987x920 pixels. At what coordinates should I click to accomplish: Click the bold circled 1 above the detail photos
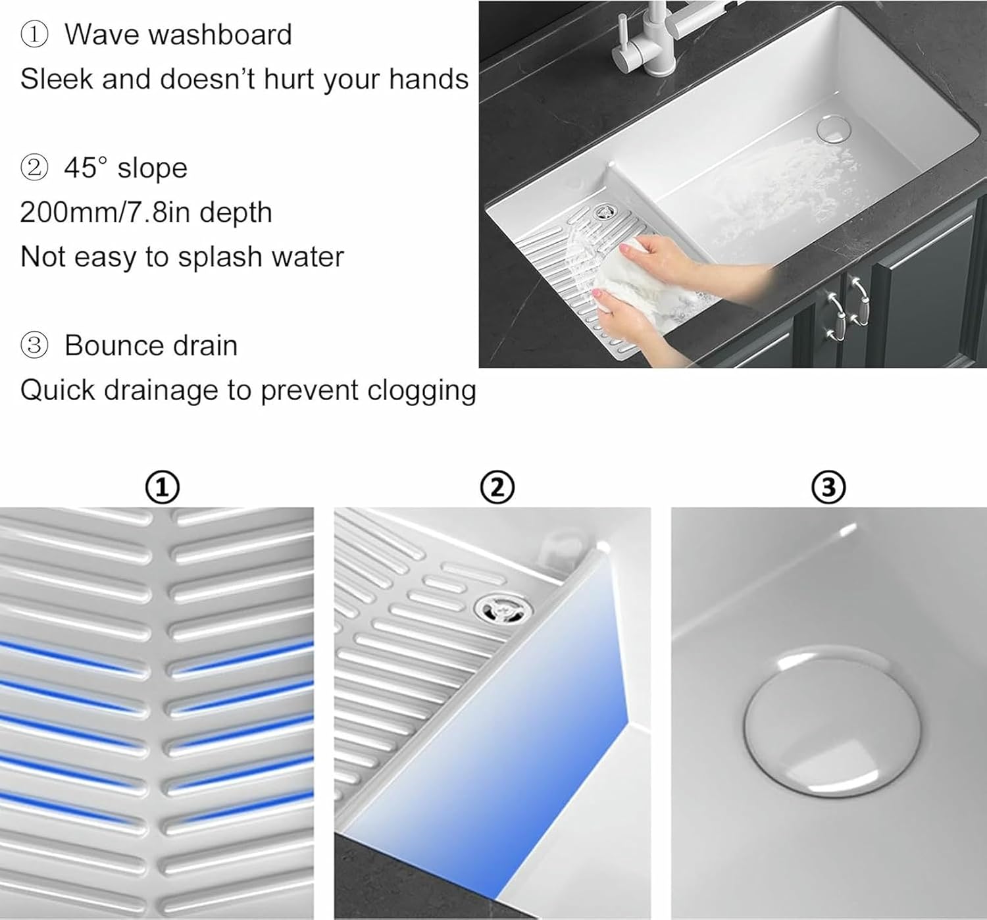point(162,488)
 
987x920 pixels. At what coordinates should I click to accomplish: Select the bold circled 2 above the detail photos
point(497,488)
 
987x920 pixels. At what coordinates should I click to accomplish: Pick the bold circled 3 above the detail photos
point(828,488)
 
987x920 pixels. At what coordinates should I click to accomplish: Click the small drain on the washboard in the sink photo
point(603,213)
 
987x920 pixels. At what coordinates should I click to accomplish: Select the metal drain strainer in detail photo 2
point(501,607)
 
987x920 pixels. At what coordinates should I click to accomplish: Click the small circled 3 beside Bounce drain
point(34,345)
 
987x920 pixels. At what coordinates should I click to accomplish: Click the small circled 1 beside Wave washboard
point(34,35)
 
